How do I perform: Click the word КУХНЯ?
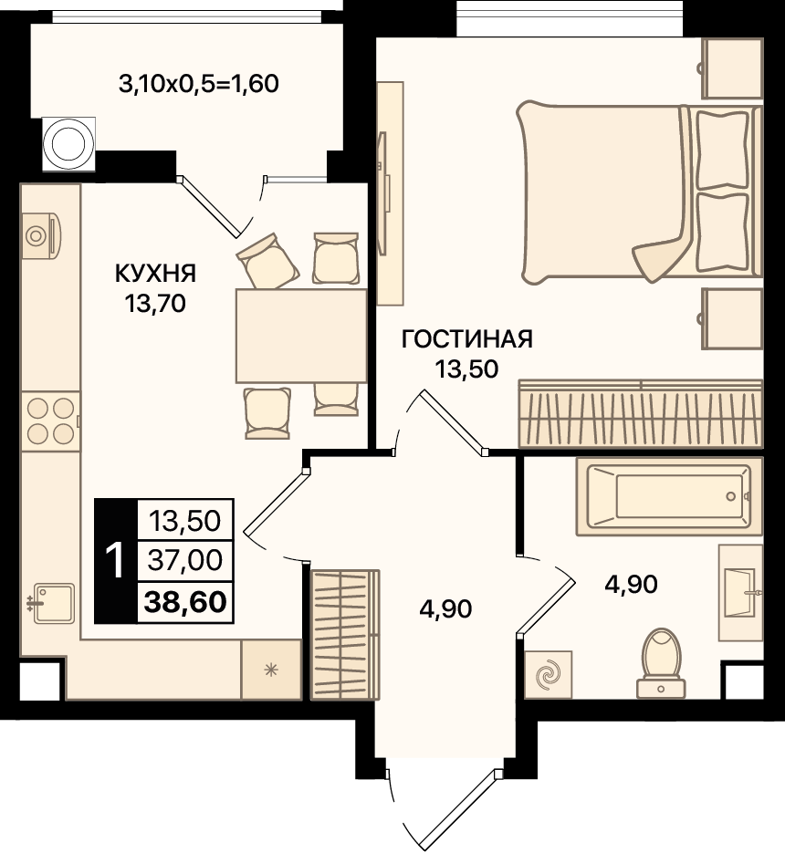(x=155, y=274)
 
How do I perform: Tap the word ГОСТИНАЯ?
(x=467, y=339)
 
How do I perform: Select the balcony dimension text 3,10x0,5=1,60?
(x=199, y=84)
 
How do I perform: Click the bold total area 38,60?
(x=185, y=602)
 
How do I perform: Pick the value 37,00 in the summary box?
(x=185, y=560)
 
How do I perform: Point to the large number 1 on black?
(x=115, y=561)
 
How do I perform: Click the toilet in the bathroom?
(x=661, y=663)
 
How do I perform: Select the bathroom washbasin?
(x=740, y=592)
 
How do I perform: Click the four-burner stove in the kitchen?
(x=50, y=421)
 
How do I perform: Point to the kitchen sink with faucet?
(x=52, y=603)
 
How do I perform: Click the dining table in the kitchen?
(x=301, y=336)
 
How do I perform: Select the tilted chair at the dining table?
(x=267, y=261)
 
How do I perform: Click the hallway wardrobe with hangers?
(x=345, y=635)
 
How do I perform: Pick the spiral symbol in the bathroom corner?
(x=548, y=674)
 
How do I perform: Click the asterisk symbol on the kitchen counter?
(x=271, y=670)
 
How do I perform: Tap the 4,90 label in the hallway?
(x=445, y=609)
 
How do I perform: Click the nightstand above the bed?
(x=732, y=68)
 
